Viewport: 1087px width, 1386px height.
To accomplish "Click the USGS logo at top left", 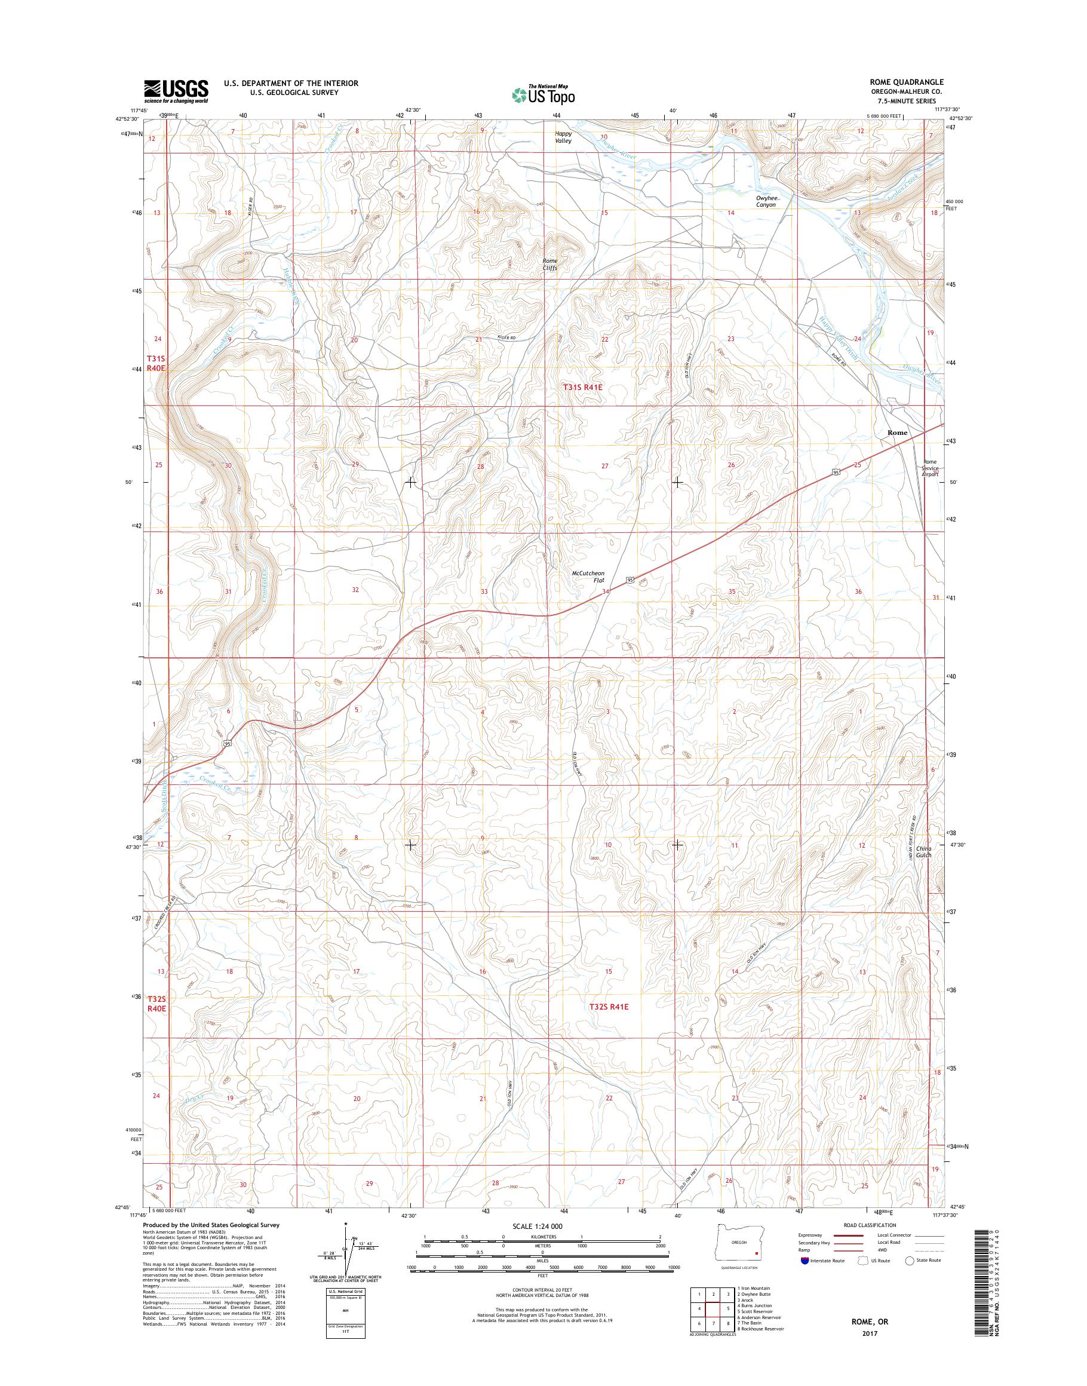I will click(x=176, y=91).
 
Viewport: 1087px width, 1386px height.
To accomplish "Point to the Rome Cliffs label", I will click(x=549, y=264).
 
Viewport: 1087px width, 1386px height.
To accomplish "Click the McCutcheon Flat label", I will click(x=588, y=577).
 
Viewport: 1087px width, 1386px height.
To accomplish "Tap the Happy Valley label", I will click(x=563, y=137).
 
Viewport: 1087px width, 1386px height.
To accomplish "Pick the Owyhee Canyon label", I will click(x=766, y=201).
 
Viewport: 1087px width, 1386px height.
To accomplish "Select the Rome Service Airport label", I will click(x=931, y=468).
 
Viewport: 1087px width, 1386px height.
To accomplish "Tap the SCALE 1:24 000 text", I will click(x=538, y=1244).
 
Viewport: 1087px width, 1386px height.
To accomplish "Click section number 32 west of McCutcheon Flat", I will click(x=356, y=590).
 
